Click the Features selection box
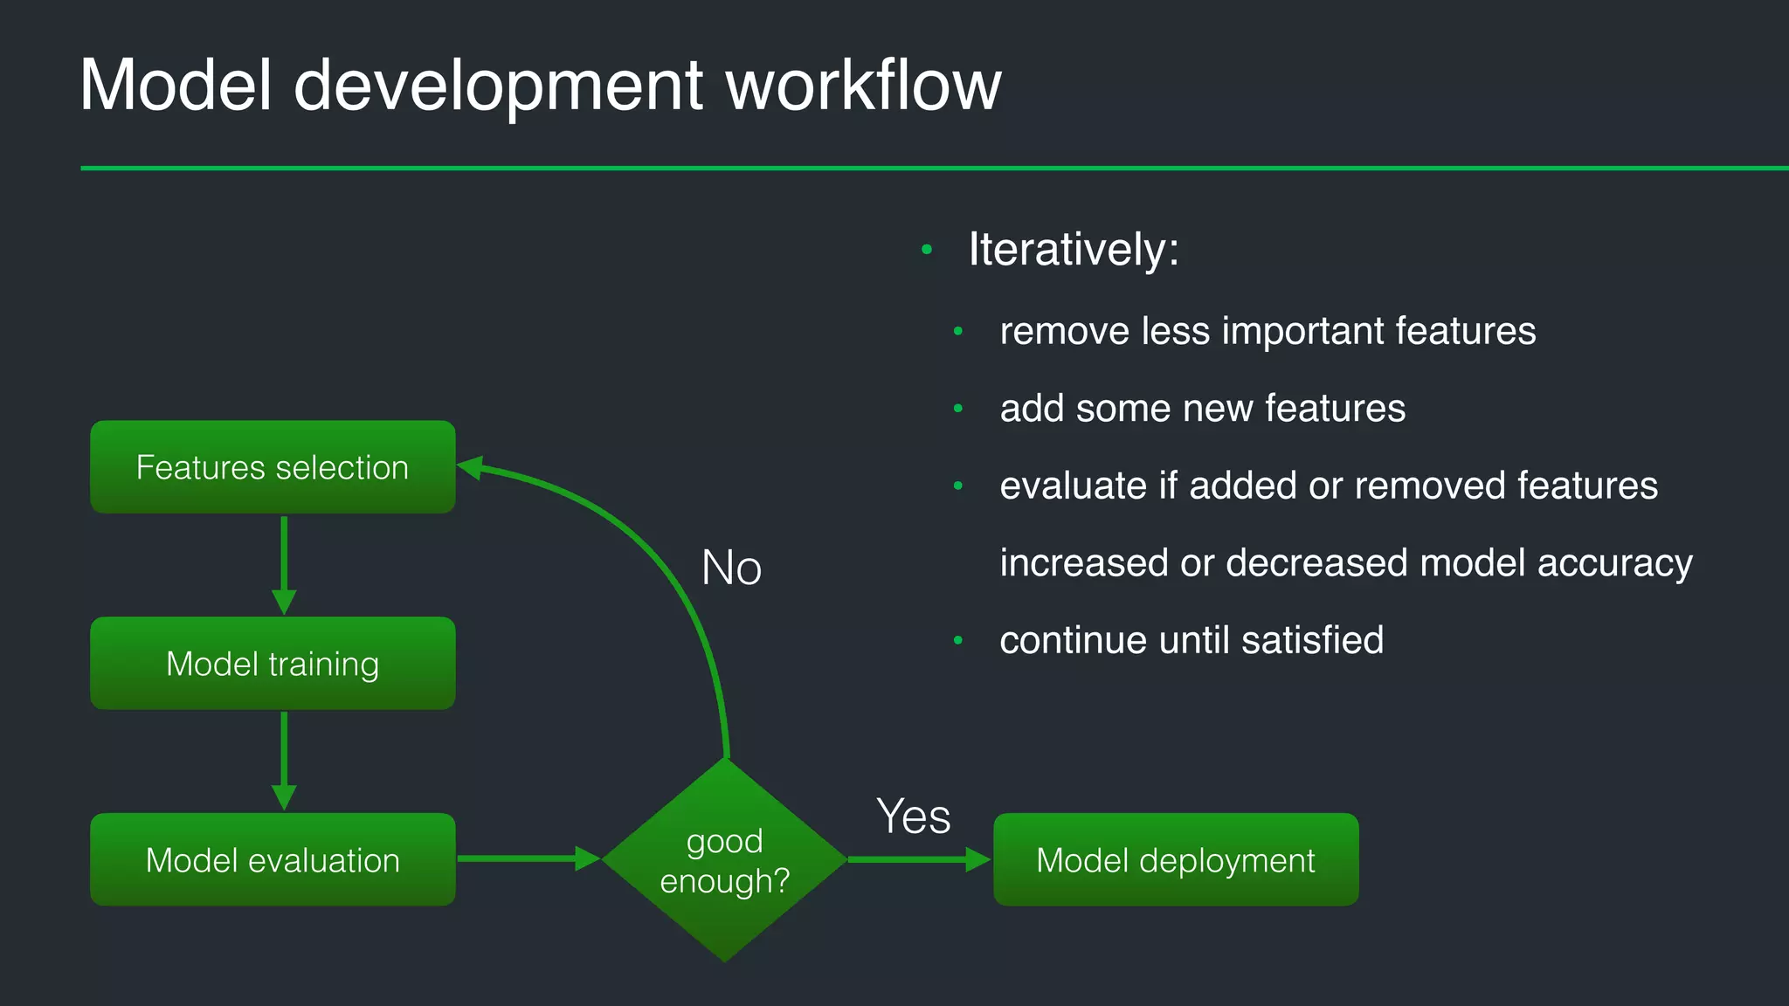point(273,467)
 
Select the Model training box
point(273,664)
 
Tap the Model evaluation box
point(273,860)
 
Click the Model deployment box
point(1176,860)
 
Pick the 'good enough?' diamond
point(724,860)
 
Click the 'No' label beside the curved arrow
point(732,568)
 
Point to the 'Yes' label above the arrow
point(913,817)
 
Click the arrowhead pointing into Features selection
point(470,468)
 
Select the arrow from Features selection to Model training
point(284,564)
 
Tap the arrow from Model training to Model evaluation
point(284,760)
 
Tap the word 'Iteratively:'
point(1074,250)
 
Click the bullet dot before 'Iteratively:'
point(927,251)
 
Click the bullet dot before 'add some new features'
point(958,409)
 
